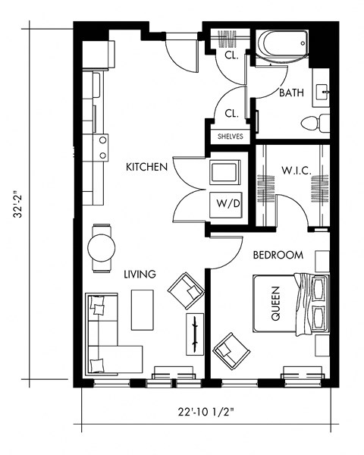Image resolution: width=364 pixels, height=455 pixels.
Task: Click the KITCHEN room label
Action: point(146,166)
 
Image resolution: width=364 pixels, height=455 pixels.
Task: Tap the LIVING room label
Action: point(140,274)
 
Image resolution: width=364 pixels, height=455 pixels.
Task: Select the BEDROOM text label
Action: point(278,256)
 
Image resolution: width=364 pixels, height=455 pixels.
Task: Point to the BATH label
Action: point(291,93)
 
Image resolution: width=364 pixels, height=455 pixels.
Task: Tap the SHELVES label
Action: point(230,136)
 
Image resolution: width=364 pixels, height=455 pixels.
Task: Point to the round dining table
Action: point(102,246)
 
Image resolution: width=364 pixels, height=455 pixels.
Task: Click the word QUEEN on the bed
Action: point(275,304)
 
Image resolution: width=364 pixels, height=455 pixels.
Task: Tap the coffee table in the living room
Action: point(143,309)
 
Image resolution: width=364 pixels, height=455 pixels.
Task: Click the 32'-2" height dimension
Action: point(18,203)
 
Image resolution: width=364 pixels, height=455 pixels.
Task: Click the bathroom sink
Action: point(324,93)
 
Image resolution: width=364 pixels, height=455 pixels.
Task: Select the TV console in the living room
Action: point(195,334)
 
